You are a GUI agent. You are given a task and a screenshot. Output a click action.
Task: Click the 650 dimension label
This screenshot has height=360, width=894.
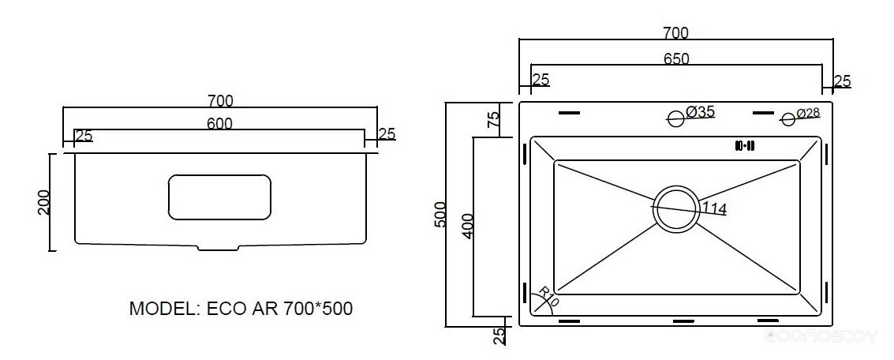click(x=676, y=58)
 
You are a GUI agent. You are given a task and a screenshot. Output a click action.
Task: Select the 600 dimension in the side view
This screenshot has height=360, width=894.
click(x=220, y=123)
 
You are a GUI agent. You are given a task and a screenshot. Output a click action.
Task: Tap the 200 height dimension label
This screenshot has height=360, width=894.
click(x=44, y=202)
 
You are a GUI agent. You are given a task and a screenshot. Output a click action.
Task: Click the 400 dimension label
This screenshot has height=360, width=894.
click(x=468, y=226)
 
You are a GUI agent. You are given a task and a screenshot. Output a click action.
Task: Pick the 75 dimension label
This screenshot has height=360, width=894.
click(x=494, y=118)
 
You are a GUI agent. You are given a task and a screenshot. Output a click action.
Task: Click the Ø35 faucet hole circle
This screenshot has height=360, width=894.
click(x=676, y=119)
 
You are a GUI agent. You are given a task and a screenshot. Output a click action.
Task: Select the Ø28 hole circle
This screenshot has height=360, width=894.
click(x=788, y=119)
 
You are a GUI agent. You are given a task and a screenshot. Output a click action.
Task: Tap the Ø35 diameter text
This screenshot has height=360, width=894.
click(x=700, y=111)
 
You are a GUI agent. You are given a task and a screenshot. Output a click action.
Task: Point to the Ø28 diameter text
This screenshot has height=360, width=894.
click(x=809, y=113)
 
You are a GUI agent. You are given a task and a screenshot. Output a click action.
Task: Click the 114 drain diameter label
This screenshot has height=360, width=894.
click(x=713, y=209)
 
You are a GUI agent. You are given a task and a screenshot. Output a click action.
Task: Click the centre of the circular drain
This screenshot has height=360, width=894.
click(x=676, y=208)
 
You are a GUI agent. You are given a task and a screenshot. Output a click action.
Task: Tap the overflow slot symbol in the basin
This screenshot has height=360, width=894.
click(x=745, y=145)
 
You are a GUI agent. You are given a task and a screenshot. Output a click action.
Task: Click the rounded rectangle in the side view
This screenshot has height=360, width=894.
click(x=219, y=197)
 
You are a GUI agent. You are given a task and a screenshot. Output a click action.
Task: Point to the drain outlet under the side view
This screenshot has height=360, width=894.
click(x=219, y=247)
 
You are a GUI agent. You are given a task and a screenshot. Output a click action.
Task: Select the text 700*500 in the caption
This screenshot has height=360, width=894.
click(x=317, y=309)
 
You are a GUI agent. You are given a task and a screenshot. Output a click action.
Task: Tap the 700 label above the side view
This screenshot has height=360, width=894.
click(x=220, y=100)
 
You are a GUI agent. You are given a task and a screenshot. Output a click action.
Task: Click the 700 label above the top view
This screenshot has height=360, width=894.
click(x=676, y=33)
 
